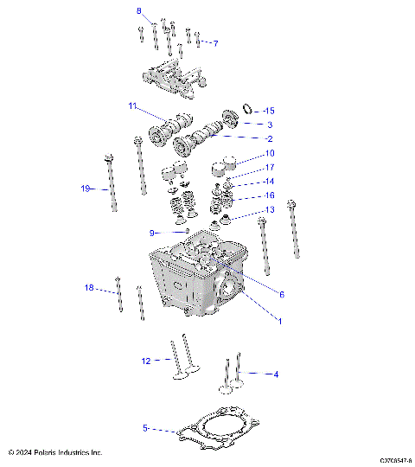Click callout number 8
138,10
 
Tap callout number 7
215,43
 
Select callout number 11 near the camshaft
132,106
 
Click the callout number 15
268,111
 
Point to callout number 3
269,125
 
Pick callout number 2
269,138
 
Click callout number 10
269,153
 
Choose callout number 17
269,167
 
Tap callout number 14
269,182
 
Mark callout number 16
269,195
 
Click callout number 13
269,209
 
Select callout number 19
86,189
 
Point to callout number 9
151,233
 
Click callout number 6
281,294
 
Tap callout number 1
278,321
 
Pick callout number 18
89,287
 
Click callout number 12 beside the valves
146,361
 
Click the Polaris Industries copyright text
54,452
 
